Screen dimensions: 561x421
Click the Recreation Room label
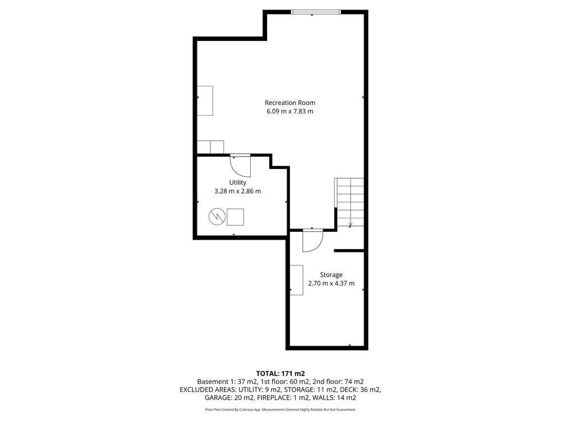290,103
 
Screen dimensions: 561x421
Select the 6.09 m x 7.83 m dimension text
290,111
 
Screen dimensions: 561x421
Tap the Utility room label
237,182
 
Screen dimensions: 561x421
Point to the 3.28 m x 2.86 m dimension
237,191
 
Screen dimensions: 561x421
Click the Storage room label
331,275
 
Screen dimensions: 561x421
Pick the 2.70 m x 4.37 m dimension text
332,283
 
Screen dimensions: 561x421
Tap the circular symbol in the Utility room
217,217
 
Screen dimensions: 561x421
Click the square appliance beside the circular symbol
236,217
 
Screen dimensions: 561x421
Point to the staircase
350,202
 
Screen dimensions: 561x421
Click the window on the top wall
315,12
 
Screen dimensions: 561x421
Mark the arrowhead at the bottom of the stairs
350,225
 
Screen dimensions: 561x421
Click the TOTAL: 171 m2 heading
280,374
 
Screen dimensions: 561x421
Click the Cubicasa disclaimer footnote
280,410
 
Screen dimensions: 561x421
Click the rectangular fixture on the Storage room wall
297,280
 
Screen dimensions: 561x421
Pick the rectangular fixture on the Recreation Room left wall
205,100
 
